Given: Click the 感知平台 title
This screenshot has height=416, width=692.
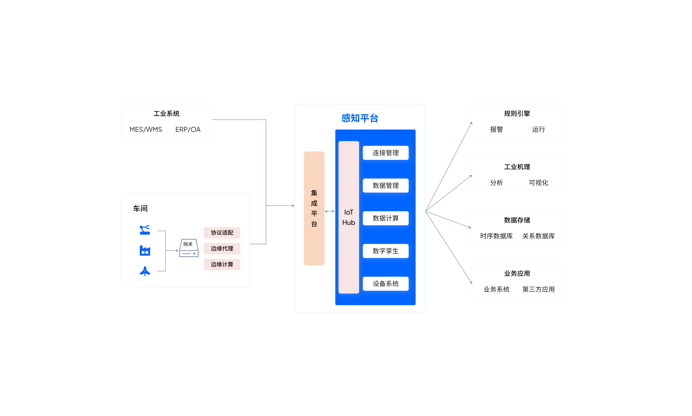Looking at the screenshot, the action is click(x=360, y=118).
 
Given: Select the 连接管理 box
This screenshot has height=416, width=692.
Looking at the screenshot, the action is click(x=386, y=153).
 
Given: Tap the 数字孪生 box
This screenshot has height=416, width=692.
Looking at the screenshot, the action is click(x=386, y=251).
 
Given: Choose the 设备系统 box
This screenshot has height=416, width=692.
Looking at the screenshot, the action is click(x=386, y=284).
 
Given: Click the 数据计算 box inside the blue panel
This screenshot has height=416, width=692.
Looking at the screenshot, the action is click(x=386, y=218).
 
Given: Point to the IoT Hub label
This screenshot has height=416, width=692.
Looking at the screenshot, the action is click(x=348, y=217).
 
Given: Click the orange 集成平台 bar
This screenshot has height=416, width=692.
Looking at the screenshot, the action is click(x=314, y=208).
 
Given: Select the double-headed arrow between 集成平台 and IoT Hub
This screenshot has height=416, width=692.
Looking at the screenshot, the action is click(x=329, y=211).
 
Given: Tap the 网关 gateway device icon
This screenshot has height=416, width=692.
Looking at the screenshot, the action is click(x=189, y=248).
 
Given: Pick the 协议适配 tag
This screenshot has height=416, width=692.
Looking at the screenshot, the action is click(x=222, y=232).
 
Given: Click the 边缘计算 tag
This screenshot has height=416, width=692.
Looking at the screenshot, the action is click(x=222, y=264).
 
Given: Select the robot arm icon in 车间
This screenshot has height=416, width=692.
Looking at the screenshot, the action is click(x=145, y=230).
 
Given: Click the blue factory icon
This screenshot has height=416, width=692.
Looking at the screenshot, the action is click(x=145, y=251).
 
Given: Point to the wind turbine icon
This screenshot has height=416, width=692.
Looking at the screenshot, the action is click(x=145, y=271).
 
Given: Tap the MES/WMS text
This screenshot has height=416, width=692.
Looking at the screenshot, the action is click(x=146, y=129).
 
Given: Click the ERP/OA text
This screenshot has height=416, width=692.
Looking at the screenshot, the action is click(x=188, y=129).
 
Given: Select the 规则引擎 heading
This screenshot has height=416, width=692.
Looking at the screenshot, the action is click(x=517, y=113).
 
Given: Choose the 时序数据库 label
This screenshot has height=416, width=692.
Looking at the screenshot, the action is click(x=496, y=236).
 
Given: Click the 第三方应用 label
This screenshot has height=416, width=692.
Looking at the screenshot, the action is click(x=538, y=289).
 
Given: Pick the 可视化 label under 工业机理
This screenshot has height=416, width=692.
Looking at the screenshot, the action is click(x=538, y=183).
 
